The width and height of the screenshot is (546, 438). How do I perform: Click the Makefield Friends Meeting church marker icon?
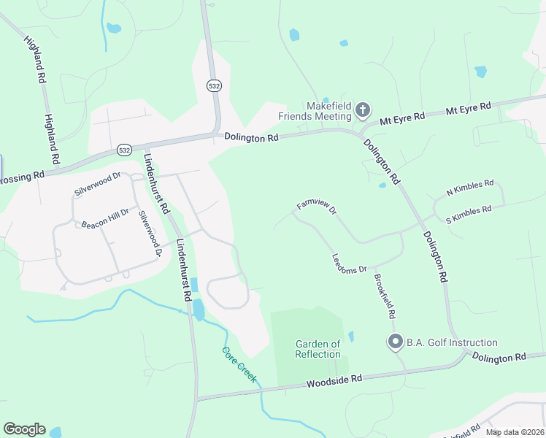(x=363, y=111)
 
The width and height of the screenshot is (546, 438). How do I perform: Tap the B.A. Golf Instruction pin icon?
(x=396, y=342)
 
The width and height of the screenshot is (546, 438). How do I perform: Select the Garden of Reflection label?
(x=318, y=349)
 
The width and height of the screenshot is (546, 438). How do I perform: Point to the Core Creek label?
(x=239, y=364)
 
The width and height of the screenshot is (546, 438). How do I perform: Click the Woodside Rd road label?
(x=334, y=380)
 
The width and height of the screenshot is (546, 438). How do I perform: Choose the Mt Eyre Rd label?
(x=402, y=117)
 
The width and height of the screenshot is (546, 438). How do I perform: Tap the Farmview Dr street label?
(x=316, y=208)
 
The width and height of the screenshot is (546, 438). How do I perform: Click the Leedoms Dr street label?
(x=349, y=264)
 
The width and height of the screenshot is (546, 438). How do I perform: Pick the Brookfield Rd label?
(x=385, y=296)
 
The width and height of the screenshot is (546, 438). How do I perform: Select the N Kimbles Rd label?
(x=470, y=188)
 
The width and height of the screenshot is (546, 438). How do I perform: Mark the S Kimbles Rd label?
(x=468, y=213)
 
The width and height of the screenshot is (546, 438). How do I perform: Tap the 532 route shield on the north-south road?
(x=213, y=85)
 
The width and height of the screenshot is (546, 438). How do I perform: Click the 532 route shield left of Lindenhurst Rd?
(x=124, y=150)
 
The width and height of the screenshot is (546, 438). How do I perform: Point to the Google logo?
(x=24, y=429)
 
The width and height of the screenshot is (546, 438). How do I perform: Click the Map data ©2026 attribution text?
(x=515, y=432)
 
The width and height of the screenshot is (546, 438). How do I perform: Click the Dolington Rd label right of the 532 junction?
(x=252, y=137)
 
